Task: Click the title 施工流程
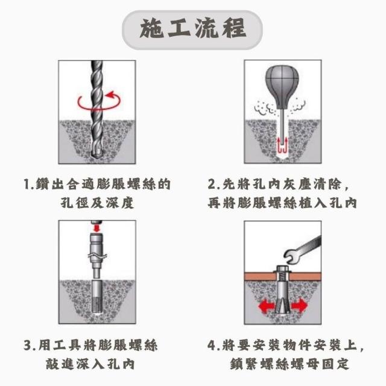tap(193, 30)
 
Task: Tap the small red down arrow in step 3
tap(97, 228)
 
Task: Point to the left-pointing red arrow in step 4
tap(267, 306)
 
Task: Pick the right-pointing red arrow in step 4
tap(299, 306)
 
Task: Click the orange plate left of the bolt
tap(259, 276)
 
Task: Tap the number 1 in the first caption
tap(27, 185)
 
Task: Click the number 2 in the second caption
tap(212, 185)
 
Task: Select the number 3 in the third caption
tap(28, 345)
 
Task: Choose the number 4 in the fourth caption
tap(212, 345)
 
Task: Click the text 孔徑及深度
tap(97, 203)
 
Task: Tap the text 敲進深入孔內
tap(90, 364)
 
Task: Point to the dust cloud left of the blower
tap(265, 108)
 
